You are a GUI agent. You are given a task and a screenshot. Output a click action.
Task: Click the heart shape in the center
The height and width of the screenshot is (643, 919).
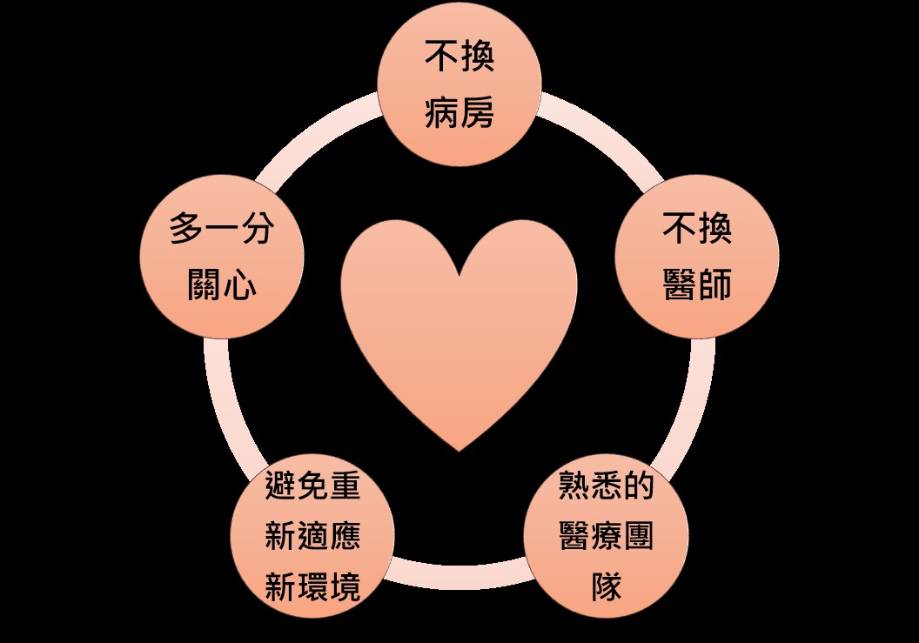pyautogui.click(x=459, y=328)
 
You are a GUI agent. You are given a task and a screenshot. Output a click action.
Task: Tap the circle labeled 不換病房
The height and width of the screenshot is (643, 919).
pyautogui.click(x=459, y=84)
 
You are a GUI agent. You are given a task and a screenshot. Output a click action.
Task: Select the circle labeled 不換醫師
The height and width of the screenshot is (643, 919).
pyautogui.click(x=697, y=257)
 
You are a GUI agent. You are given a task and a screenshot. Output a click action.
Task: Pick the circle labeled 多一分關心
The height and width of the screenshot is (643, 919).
pyautogui.click(x=222, y=257)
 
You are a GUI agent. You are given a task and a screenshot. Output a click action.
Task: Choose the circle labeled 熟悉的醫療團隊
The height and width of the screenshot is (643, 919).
pyautogui.click(x=606, y=536)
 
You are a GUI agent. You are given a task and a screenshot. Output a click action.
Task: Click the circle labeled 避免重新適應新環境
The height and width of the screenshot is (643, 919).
pyautogui.click(x=312, y=536)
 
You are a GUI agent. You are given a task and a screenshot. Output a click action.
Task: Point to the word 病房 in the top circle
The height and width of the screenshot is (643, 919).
pyautogui.click(x=459, y=112)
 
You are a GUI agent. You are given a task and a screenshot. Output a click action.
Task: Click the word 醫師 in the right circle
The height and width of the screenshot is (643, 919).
pyautogui.click(x=697, y=285)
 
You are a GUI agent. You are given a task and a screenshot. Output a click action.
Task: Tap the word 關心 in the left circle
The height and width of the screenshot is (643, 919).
pyautogui.click(x=222, y=285)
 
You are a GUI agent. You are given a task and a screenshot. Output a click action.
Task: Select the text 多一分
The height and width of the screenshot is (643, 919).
pyautogui.click(x=222, y=228)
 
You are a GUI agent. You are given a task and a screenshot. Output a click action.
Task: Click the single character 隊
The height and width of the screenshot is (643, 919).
pyautogui.click(x=606, y=586)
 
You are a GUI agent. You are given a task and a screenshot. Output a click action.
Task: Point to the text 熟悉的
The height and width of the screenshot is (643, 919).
pyautogui.click(x=606, y=486)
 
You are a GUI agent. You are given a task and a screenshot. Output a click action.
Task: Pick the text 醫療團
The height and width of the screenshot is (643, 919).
pyautogui.click(x=606, y=536)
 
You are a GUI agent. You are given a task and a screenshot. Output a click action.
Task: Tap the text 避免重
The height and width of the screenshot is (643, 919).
pyautogui.click(x=312, y=486)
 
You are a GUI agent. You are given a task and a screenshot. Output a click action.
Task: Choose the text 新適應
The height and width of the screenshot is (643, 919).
pyautogui.click(x=312, y=536)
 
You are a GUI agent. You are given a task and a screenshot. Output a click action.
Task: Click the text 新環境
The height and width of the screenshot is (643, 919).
pyautogui.click(x=312, y=586)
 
